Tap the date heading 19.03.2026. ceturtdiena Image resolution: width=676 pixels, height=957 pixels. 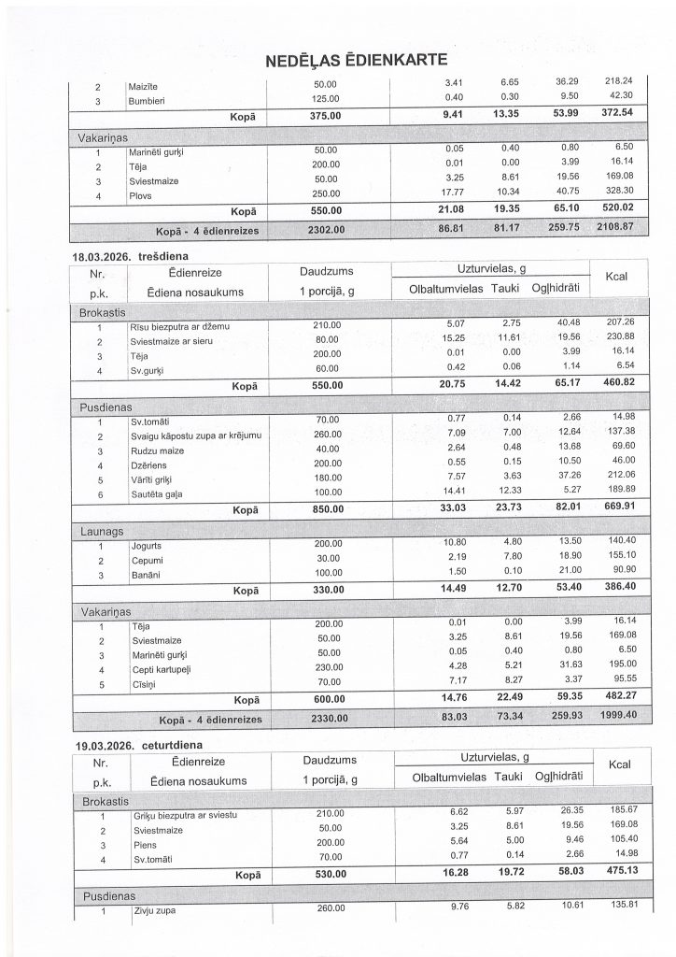click(x=140, y=744)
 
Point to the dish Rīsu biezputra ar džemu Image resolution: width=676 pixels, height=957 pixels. click(x=179, y=327)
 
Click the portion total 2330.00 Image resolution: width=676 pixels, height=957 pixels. click(x=326, y=719)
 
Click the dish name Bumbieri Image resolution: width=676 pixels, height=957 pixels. click(x=150, y=97)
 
